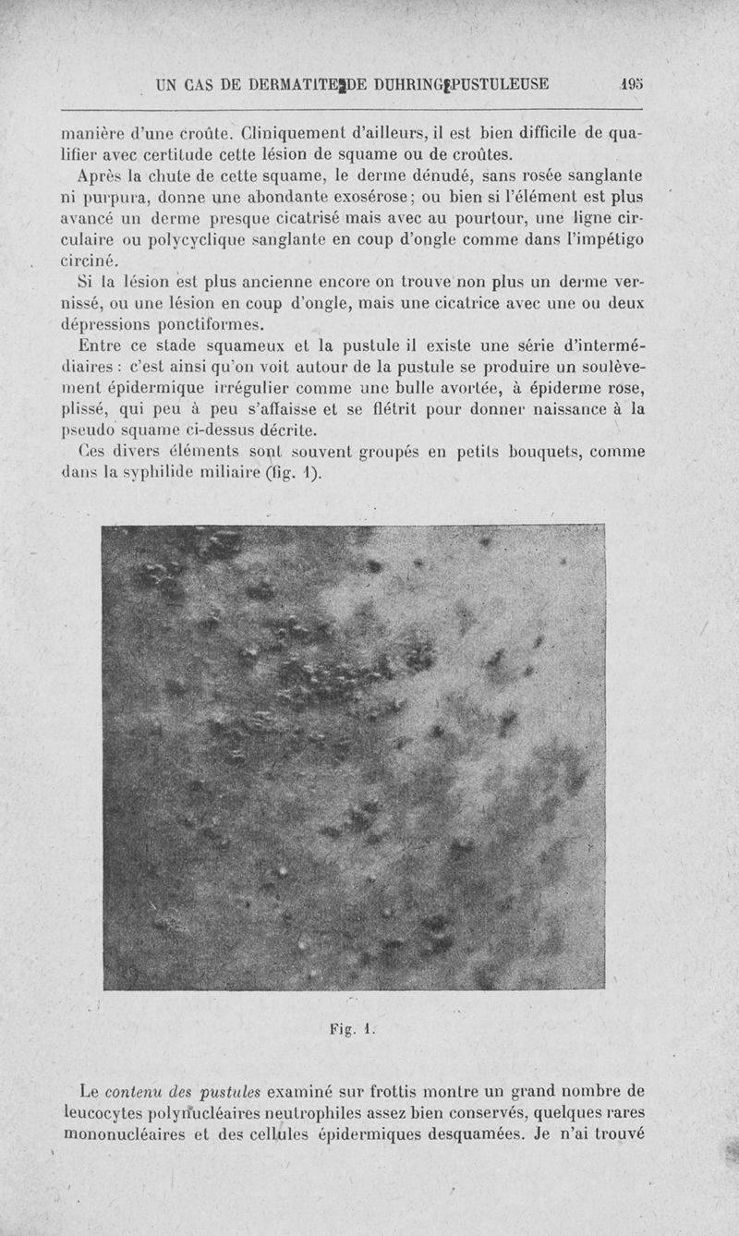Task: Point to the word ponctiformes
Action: click(209, 325)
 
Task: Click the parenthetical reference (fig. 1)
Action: click(290, 475)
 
